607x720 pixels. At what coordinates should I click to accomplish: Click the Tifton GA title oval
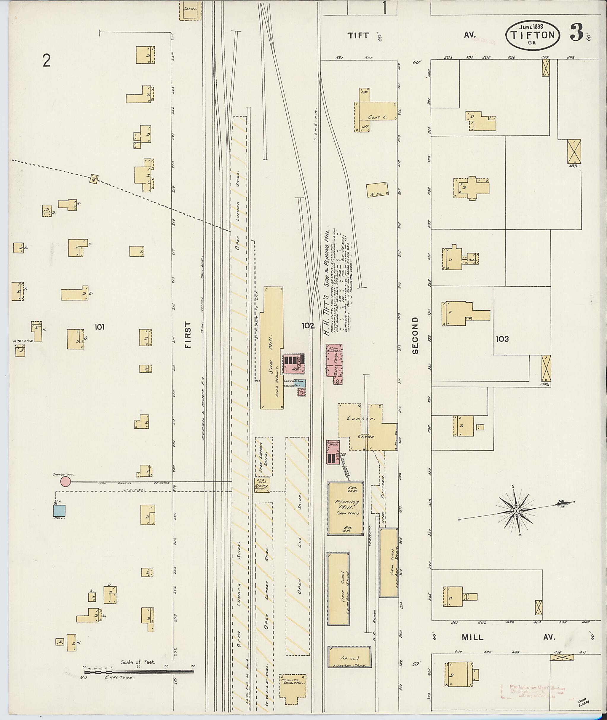tap(532, 35)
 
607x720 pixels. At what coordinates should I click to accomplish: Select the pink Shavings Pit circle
tap(66, 481)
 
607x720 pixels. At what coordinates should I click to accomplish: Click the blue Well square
tap(59, 510)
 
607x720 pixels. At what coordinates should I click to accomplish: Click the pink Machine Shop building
tap(334, 364)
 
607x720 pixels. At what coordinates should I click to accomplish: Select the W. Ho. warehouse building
tap(377, 190)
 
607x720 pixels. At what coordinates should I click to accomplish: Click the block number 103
tap(502, 339)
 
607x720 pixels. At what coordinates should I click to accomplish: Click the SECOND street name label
tap(415, 335)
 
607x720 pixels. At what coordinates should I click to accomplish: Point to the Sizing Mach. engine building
tap(262, 485)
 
